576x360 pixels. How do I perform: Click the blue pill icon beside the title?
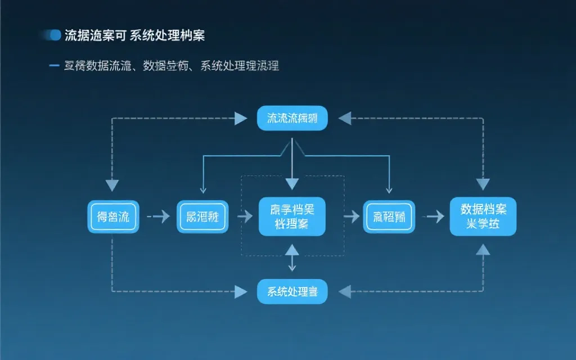pyautogui.click(x=55, y=35)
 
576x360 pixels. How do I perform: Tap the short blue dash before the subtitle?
pyautogui.click(x=55, y=66)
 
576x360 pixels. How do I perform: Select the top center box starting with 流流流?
pyautogui.click(x=292, y=118)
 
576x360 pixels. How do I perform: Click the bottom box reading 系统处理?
pyautogui.click(x=292, y=291)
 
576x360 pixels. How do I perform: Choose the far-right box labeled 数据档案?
pyautogui.click(x=483, y=217)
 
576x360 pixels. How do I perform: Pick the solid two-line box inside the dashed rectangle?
pyautogui.click(x=292, y=217)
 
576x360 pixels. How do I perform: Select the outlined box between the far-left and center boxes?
pyautogui.click(x=202, y=217)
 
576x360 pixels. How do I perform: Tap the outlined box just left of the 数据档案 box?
pyautogui.click(x=388, y=217)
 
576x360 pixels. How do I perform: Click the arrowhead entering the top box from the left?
pyautogui.click(x=241, y=118)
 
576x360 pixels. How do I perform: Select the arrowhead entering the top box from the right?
pyautogui.click(x=344, y=118)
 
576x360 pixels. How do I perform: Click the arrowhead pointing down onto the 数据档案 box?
pyautogui.click(x=483, y=184)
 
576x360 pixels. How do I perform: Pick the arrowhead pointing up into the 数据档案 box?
pyautogui.click(x=483, y=249)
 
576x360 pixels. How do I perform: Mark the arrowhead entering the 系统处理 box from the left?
pyautogui.click(x=241, y=291)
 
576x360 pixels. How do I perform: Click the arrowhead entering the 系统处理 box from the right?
pyautogui.click(x=344, y=291)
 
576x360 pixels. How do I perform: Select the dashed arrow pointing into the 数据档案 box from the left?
pyautogui.click(x=433, y=217)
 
